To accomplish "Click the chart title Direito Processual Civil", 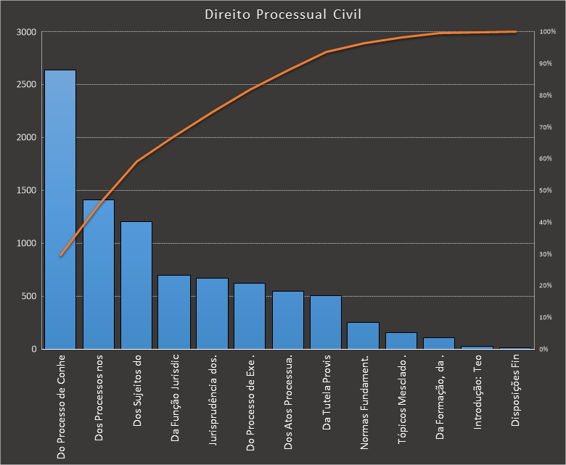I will [x=282, y=15].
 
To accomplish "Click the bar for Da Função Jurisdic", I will [x=174, y=312].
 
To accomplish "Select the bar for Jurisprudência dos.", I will [x=212, y=313].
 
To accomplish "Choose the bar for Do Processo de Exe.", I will [x=250, y=316].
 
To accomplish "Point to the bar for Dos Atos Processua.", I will [x=287, y=320].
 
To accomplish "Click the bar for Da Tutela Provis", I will [x=325, y=322].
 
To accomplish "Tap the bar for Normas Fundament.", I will [x=363, y=336].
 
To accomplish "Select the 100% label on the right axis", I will [x=548, y=32].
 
